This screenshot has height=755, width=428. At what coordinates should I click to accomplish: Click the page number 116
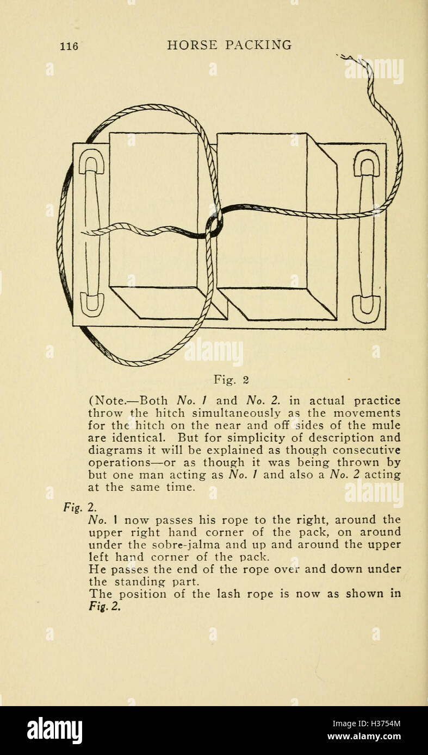click(x=69, y=46)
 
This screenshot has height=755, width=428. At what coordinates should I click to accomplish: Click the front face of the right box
click(x=262, y=210)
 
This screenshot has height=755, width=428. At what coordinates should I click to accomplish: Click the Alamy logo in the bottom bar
click(x=54, y=731)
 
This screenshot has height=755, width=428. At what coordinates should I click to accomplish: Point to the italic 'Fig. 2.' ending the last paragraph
click(x=104, y=607)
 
